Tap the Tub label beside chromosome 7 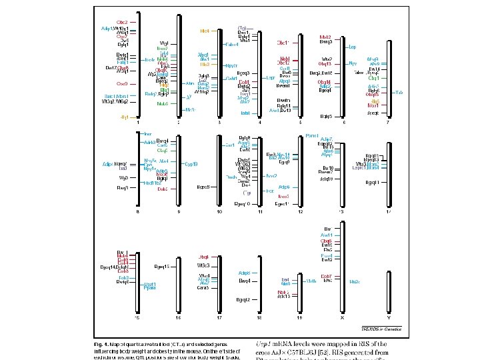click(x=399, y=92)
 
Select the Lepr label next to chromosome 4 click(x=271, y=77)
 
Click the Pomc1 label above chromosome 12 click(x=311, y=135)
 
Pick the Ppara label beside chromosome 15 click(x=150, y=289)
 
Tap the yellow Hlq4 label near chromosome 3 click(x=205, y=31)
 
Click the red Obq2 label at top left click(x=122, y=23)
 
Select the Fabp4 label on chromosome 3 click(x=232, y=44)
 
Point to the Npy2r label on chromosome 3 click(x=232, y=65)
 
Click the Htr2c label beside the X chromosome click(x=355, y=281)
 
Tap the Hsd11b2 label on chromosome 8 click(x=153, y=182)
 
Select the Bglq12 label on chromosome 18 click(x=243, y=299)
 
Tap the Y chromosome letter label click(x=389, y=318)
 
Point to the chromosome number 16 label click(x=179, y=318)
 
